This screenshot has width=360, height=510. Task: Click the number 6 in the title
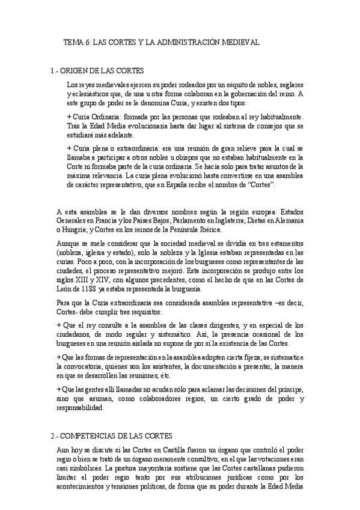tap(88, 43)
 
